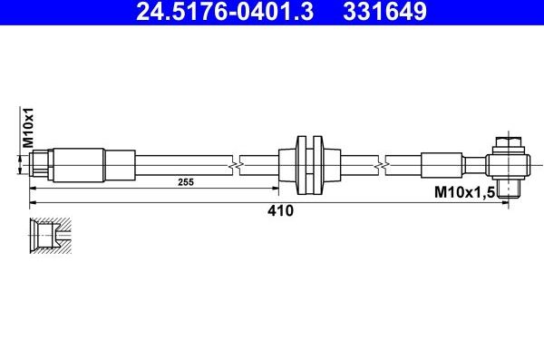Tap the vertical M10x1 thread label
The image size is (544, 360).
coord(27,127)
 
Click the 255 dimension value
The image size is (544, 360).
coord(186,182)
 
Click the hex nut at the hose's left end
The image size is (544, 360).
coord(42,165)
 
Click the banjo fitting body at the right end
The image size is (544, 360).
coord(507,165)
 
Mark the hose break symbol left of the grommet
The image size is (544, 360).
coord(238,165)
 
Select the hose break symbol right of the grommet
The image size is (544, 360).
coord(387,165)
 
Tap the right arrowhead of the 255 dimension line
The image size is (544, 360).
coord(276,189)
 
